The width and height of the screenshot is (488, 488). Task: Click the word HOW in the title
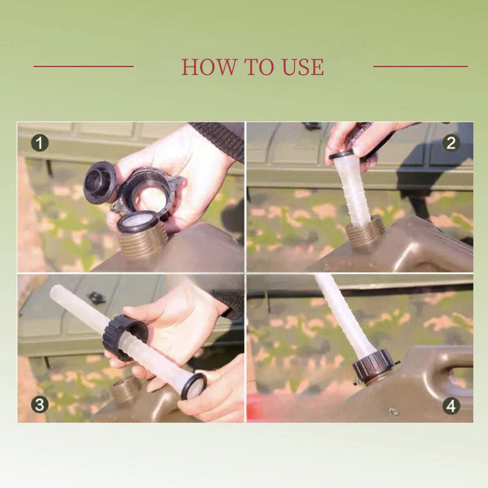[209, 66]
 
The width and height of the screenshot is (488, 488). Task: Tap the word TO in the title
[259, 66]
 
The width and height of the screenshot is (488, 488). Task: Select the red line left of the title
[84, 66]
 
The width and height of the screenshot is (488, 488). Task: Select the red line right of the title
[420, 66]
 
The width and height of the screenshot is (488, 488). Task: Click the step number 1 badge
[40, 143]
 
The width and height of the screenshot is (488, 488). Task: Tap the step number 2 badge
[451, 143]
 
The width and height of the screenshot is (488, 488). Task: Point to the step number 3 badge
[40, 404]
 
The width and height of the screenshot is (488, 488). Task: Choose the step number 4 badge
[451, 406]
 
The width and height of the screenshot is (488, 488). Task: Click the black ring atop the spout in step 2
[342, 154]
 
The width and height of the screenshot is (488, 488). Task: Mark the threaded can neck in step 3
[125, 389]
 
